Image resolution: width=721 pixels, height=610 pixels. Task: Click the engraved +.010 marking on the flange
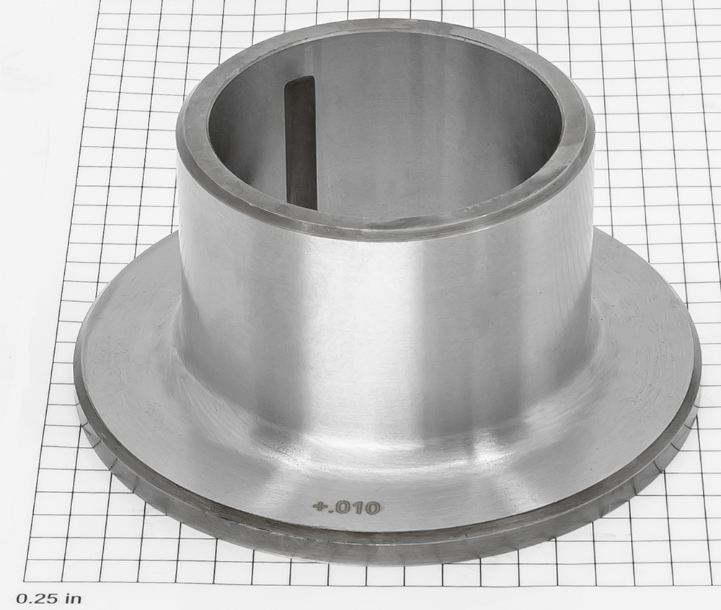click(346, 507)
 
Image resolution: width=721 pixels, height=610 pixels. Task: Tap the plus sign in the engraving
click(318, 507)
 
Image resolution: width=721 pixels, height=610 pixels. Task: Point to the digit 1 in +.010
click(358, 507)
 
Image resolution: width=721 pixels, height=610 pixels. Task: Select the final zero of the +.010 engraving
click(372, 507)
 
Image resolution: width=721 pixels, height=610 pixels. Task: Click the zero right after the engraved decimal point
click(343, 507)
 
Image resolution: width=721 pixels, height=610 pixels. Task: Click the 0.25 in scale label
click(49, 598)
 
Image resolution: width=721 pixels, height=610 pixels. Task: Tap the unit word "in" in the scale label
click(74, 598)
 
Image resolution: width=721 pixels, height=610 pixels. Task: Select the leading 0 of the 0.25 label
click(22, 598)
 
